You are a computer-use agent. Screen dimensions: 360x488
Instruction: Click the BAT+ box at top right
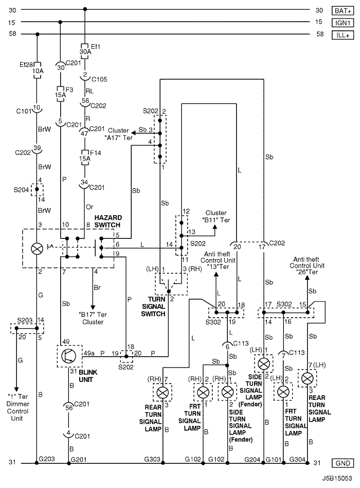pos(343,11)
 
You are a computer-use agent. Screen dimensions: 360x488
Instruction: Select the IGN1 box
pos(343,23)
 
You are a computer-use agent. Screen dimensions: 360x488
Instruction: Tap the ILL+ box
pos(343,35)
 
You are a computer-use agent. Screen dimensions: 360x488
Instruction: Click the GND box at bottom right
pos(343,463)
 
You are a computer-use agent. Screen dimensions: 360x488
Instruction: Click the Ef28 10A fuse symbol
pos(38,71)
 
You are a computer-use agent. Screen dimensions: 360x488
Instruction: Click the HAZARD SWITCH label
pos(108,221)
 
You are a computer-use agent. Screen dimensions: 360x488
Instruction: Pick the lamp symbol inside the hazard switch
pos(38,249)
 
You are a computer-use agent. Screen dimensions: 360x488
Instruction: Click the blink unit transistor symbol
pos(69,356)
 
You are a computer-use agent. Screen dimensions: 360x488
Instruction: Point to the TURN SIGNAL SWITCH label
pos(153,307)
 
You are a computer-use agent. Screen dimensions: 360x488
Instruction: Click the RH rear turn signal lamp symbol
pos(163,393)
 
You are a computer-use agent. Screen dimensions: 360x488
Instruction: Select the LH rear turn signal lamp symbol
pos(308,378)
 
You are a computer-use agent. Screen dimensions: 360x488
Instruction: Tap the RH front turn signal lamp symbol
pos(203,392)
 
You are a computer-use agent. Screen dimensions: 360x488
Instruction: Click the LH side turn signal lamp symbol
pos(264,363)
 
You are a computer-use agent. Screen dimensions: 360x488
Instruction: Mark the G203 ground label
pos(47,459)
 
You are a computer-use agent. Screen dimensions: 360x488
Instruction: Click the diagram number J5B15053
pos(337,478)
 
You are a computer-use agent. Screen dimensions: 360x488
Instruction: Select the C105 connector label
pos(99,79)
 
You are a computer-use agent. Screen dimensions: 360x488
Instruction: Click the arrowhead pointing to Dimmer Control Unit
pos(16,389)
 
